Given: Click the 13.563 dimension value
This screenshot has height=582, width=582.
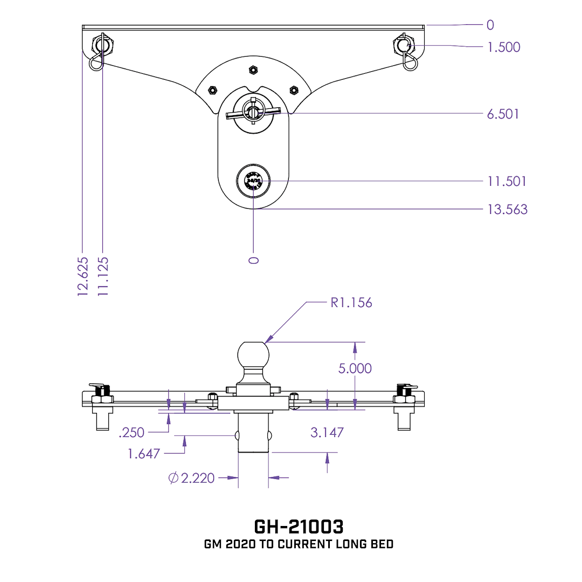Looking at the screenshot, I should pos(507,209).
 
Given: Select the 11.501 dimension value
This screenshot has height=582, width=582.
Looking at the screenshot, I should pos(507,181).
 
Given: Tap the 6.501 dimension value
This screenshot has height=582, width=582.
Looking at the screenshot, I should pos(503,114).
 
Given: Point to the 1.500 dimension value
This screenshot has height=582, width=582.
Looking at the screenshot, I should pos(504,47).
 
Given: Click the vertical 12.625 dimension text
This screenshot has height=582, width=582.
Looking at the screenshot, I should pos(82,276).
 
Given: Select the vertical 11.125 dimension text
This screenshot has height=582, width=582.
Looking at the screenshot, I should pos(103,276).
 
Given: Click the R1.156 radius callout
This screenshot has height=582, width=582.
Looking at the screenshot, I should pos(351,302).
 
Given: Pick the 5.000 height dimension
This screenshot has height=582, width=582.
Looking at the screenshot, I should pos(355,369).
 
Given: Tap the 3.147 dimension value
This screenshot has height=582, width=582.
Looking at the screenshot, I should pos(327,432).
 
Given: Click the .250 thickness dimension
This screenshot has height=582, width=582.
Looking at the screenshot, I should pos(131,432).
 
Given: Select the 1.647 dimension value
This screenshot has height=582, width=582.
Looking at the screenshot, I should pos(144,454).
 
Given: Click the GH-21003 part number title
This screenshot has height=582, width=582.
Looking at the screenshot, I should pos(299,526).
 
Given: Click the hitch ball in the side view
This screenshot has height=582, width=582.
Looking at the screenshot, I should pos(253,355).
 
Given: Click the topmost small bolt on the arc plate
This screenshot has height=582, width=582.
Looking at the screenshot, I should pos(253,69).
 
